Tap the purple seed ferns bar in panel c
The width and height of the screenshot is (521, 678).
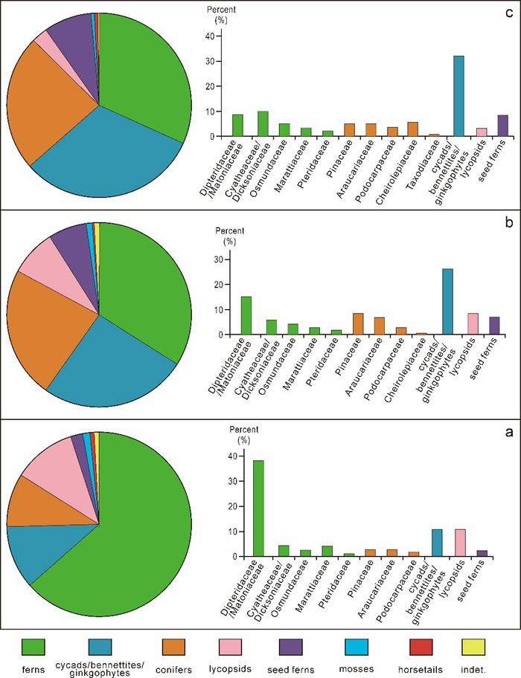(x=502, y=126)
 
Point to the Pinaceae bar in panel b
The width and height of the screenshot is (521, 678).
(x=357, y=324)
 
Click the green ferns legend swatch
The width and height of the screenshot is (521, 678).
(x=33, y=648)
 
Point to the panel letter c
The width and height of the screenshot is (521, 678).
(x=509, y=9)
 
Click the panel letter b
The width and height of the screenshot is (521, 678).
(x=509, y=222)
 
